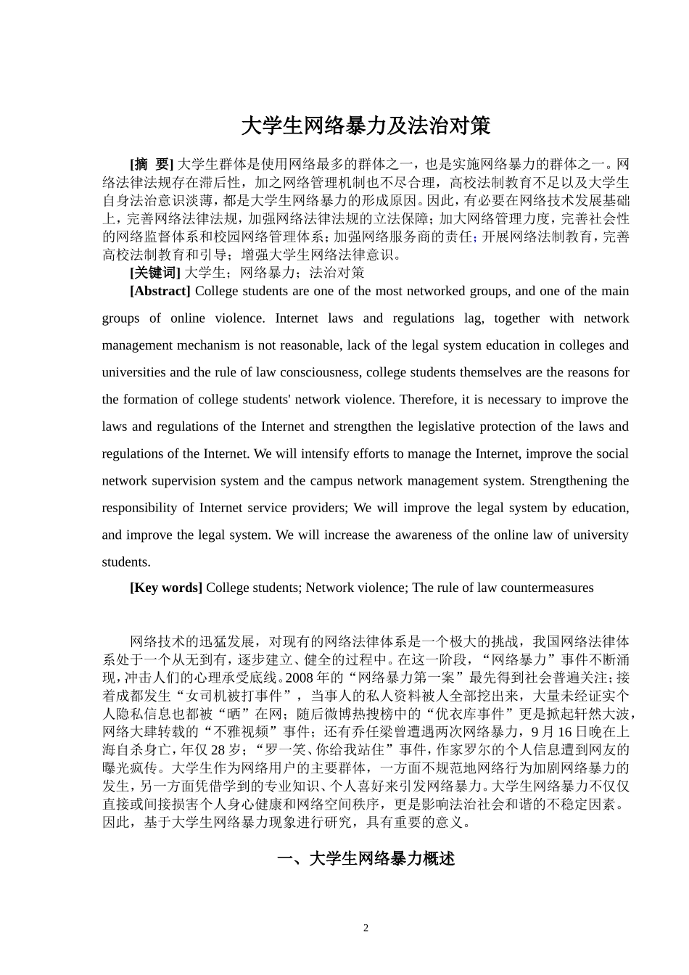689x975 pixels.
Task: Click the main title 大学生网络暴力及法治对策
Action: coord(366,126)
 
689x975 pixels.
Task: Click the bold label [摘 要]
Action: coord(152,165)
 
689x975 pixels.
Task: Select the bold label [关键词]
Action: coord(154,273)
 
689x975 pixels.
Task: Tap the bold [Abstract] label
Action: coord(160,291)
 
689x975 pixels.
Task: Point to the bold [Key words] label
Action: coord(165,588)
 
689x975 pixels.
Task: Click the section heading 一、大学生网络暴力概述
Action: coord(366,859)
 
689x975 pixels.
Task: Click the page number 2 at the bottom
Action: coord(366,928)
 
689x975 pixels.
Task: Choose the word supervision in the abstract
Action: coord(176,481)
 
